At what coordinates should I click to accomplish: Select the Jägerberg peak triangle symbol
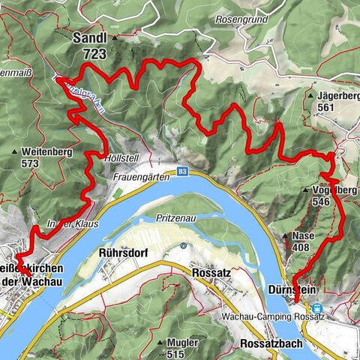tap(310, 96)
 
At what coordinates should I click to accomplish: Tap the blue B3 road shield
tap(183, 171)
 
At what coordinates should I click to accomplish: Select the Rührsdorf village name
tap(120, 253)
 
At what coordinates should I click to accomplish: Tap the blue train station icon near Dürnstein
tap(316, 307)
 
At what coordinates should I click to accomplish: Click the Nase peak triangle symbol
tap(285, 235)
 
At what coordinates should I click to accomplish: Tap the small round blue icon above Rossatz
tap(183, 245)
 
